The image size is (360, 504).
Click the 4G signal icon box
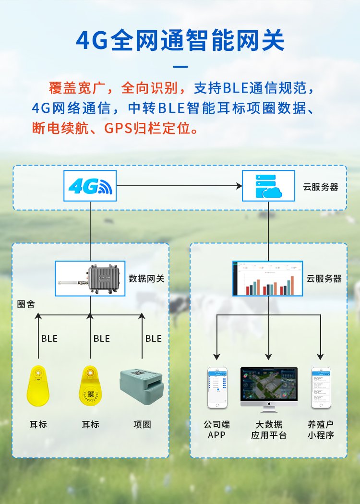pyautogui.click(x=90, y=186)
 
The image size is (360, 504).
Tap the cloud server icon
pyautogui.click(x=269, y=186)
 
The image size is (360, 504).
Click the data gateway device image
pyautogui.click(x=90, y=278)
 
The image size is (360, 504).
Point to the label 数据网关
pyautogui.click(x=146, y=278)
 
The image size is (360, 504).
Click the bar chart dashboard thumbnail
pyautogui.click(x=268, y=278)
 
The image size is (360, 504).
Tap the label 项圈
pyautogui.click(x=143, y=424)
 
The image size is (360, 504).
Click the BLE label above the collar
pyautogui.click(x=154, y=338)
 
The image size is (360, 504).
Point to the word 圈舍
pyautogui.click(x=26, y=304)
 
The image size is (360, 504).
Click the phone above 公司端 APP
pyautogui.click(x=217, y=388)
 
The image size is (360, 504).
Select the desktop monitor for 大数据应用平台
pyautogui.click(x=269, y=389)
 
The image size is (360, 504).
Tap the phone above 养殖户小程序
pyautogui.click(x=321, y=388)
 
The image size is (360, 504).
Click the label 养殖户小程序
pyautogui.click(x=321, y=430)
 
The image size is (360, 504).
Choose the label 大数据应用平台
pyautogui.click(x=269, y=430)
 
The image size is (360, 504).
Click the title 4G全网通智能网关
pyautogui.click(x=180, y=40)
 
